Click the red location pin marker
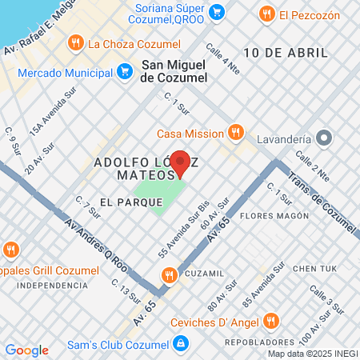coord(181,162)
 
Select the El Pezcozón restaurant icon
coord(266,13)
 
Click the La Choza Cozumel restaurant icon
coord(75,43)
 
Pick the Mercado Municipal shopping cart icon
coord(124,71)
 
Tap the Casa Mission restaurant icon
coord(235,133)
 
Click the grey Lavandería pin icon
coord(324,138)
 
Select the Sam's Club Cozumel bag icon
coord(182,343)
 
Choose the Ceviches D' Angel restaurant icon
coord(271,322)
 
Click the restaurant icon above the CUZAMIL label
coord(169,276)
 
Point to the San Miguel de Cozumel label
coord(174,71)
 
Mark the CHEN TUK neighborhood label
coord(317,268)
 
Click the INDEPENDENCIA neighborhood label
coord(52,285)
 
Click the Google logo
coord(26,350)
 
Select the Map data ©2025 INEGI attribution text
coord(312,354)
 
